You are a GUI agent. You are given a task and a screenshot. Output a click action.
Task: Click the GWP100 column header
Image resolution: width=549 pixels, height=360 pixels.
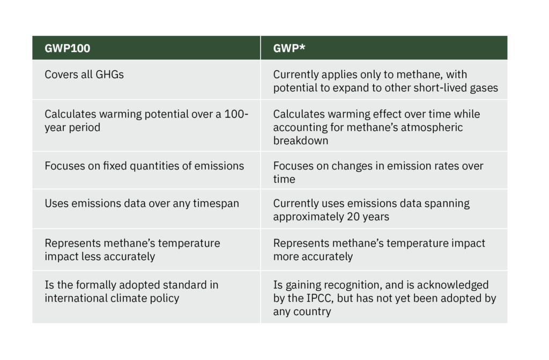pos(68,48)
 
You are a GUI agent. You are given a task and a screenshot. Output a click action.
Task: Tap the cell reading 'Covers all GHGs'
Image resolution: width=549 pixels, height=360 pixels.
pos(84,75)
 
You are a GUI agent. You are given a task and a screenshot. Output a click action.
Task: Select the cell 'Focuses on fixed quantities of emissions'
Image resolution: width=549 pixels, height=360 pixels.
pos(144,166)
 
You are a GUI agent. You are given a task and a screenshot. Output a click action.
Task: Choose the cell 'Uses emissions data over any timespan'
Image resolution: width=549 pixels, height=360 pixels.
pos(142,203)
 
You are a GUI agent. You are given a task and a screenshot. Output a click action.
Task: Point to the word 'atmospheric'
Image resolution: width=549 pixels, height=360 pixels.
pos(432,127)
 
